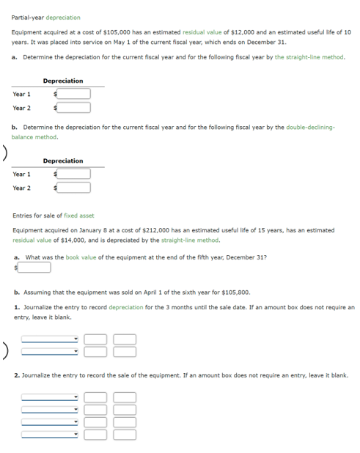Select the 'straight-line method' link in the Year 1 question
pyautogui.click(x=309, y=57)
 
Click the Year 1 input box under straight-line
pyautogui.click(x=74, y=94)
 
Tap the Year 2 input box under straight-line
pyautogui.click(x=74, y=108)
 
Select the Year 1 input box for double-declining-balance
pyautogui.click(x=74, y=174)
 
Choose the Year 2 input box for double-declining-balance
pyautogui.click(x=74, y=188)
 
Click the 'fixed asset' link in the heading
pyautogui.click(x=79, y=216)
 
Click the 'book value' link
pyautogui.click(x=76, y=258)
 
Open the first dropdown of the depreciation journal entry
pyautogui.click(x=50, y=339)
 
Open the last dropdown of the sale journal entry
pyautogui.click(x=50, y=434)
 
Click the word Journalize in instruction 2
pyautogui.click(x=35, y=375)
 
